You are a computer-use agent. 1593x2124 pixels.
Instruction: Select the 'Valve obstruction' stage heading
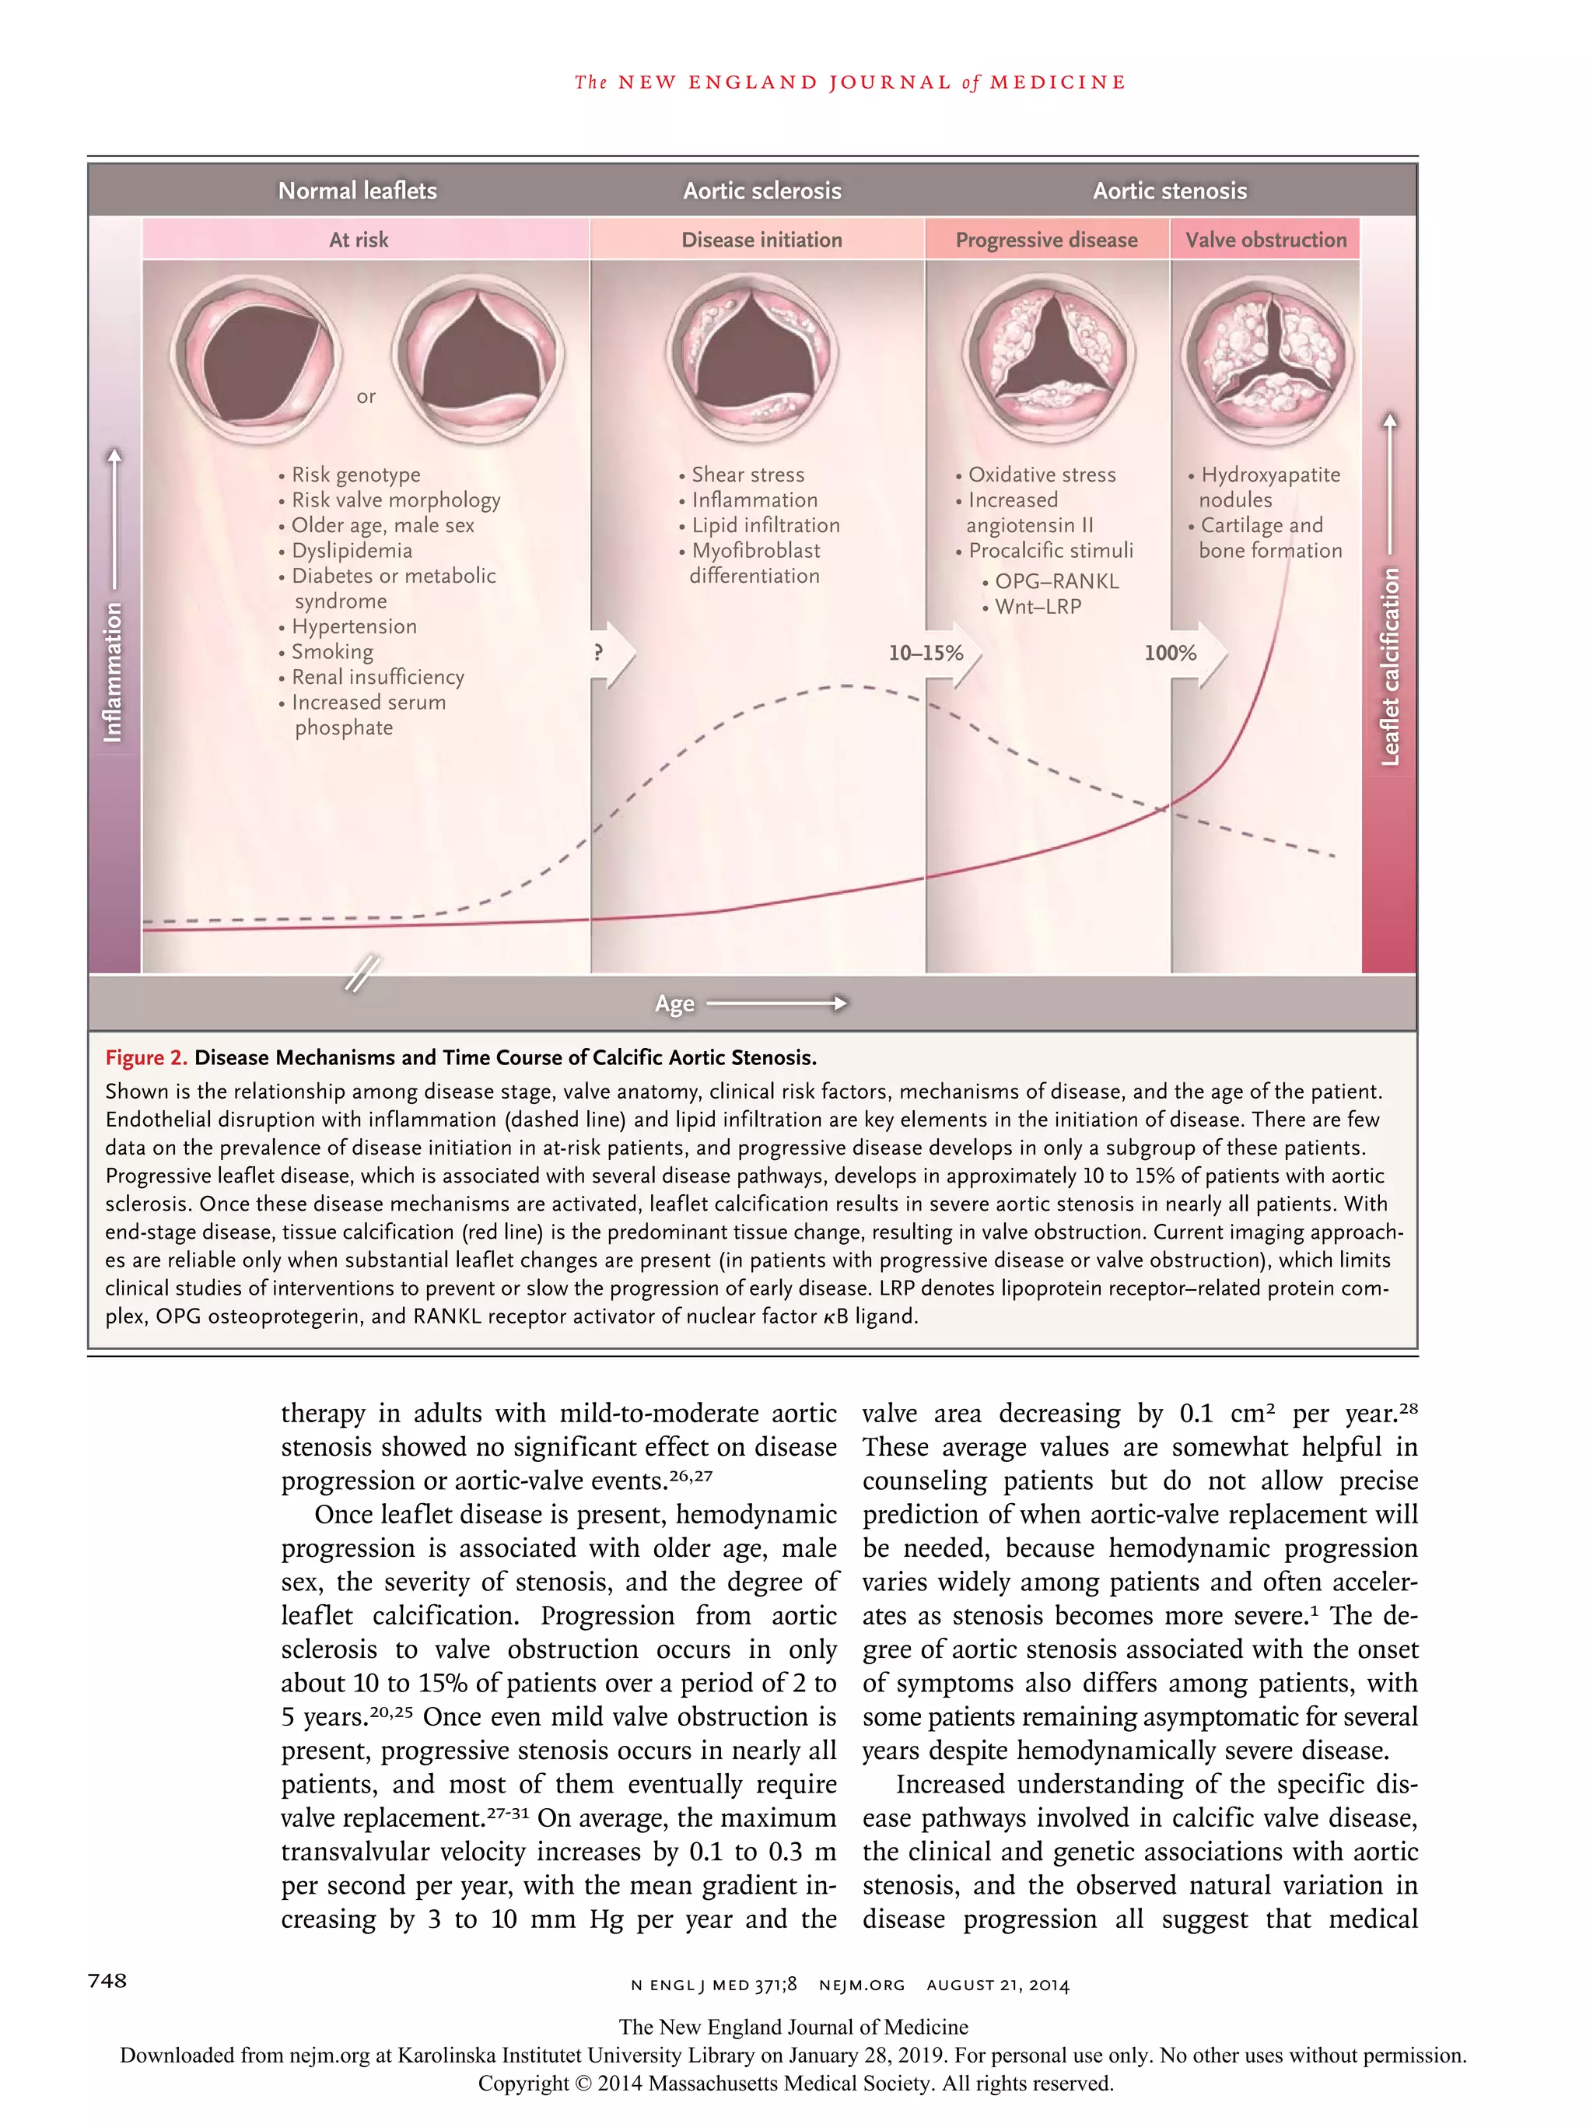coord(1265,240)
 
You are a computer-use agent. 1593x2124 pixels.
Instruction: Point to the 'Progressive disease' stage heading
coord(1045,240)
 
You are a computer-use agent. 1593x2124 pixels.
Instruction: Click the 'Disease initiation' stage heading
coord(761,240)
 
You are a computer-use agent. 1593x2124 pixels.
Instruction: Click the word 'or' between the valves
coord(366,397)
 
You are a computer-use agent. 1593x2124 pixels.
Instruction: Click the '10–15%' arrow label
coord(925,653)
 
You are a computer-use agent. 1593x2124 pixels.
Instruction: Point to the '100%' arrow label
coord(1170,653)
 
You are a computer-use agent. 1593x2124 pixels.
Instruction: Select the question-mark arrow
coord(611,653)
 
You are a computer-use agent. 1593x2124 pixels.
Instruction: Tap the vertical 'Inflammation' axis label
coord(114,672)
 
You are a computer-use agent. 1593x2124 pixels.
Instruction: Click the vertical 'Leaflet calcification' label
coord(1389,667)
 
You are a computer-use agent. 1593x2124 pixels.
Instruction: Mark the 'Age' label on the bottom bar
coord(674,1004)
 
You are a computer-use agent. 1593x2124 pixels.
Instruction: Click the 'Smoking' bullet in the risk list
coord(331,652)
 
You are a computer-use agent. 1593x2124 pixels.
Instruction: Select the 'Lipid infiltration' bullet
coord(765,525)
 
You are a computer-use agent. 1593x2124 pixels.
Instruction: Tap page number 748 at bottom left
coord(107,1980)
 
